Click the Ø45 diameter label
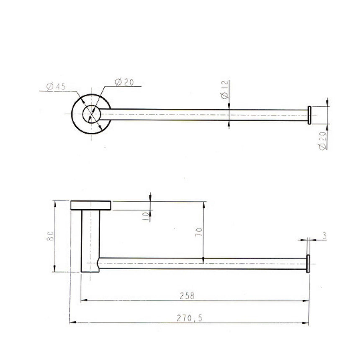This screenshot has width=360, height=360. coord(56,87)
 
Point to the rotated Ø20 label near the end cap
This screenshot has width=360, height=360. coord(323,140)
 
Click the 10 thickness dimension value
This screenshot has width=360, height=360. coord(145,216)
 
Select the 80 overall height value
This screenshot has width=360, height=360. coord(50,237)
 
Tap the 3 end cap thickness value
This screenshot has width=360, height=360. coord(324,237)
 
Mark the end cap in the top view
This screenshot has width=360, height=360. coord(309,115)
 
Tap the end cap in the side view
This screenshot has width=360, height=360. coord(308,264)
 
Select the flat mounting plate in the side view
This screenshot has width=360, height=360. coord(91,205)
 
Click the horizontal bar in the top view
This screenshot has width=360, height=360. coord(201,115)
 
